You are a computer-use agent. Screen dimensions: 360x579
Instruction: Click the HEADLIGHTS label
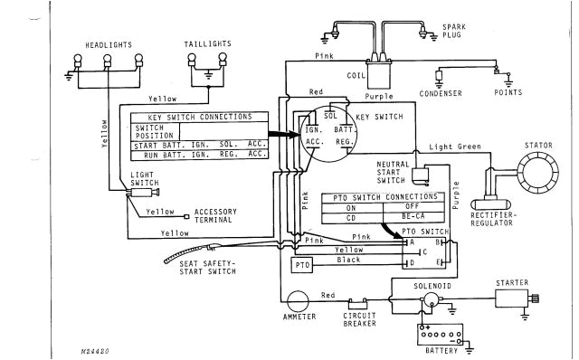pyautogui.click(x=109, y=43)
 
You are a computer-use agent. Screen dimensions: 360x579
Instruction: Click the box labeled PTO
pyautogui.click(x=301, y=265)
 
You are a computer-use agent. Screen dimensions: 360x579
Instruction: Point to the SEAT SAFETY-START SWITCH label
pyautogui.click(x=202, y=269)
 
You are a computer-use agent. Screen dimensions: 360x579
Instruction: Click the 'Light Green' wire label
pyautogui.click(x=452, y=146)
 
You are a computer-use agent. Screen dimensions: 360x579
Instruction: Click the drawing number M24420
pyautogui.click(x=84, y=347)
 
